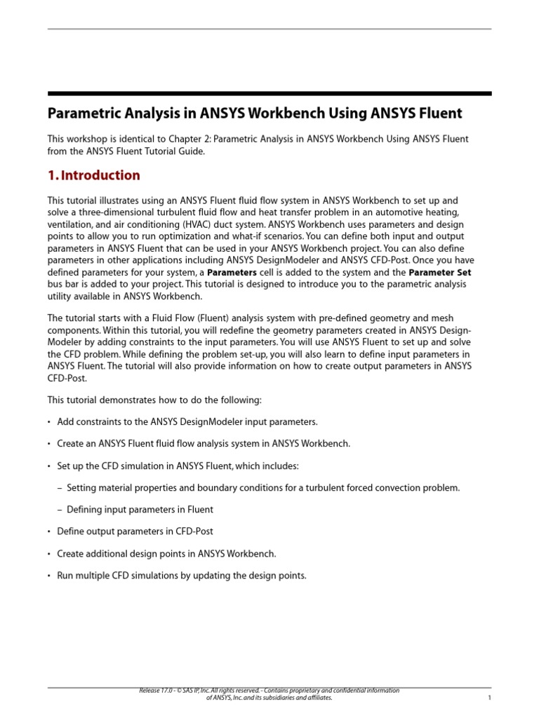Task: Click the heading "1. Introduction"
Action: pos(93,175)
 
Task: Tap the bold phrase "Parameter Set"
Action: pos(440,272)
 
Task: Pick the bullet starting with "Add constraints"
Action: pos(187,421)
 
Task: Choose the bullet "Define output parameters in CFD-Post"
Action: pos(135,531)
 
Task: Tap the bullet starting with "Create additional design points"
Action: pos(166,553)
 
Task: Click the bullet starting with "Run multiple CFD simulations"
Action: pos(181,576)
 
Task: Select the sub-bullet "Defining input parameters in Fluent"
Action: pos(140,509)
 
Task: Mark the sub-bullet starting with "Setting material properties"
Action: pos(263,487)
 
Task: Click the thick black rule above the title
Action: pos(269,93)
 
